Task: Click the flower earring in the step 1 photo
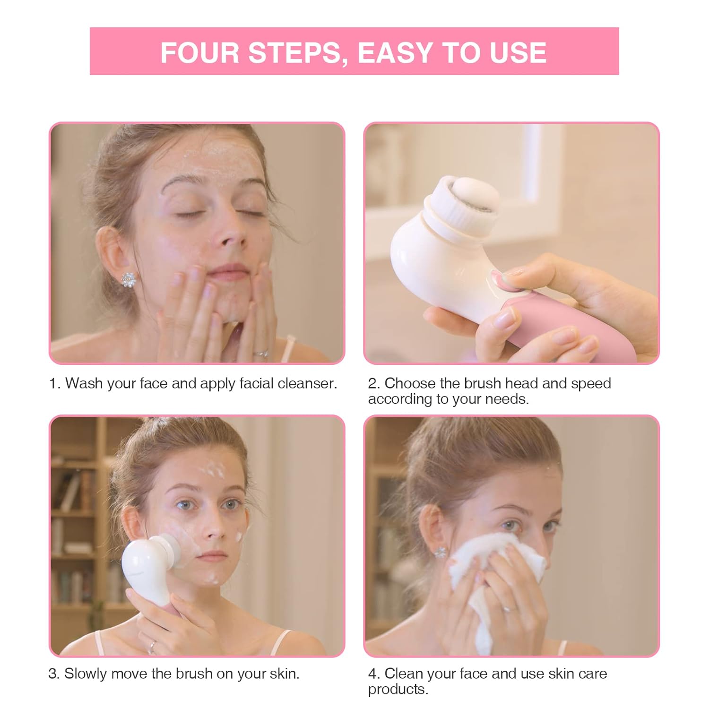tap(129, 279)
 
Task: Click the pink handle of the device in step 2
tap(558, 331)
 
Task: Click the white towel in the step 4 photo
tap(492, 581)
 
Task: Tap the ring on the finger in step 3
tap(152, 646)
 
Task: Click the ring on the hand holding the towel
tap(507, 608)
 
